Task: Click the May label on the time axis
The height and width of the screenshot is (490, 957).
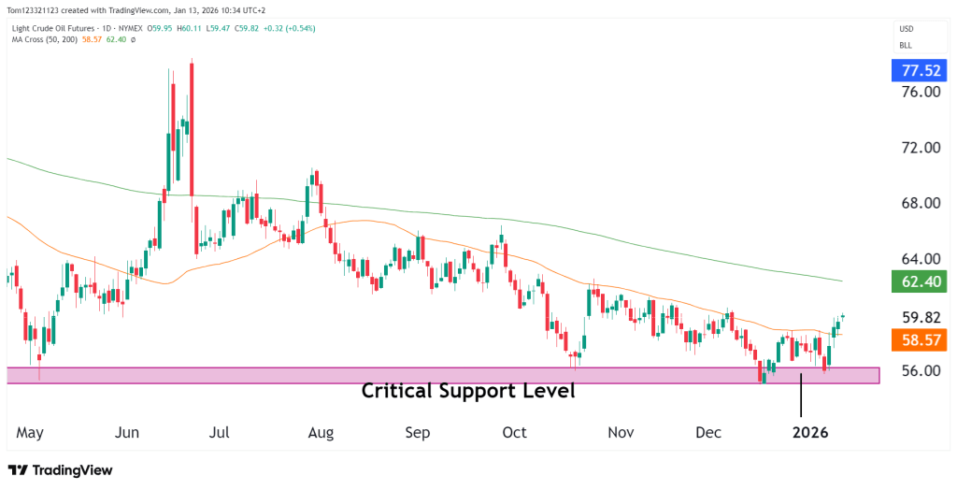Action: coord(31,433)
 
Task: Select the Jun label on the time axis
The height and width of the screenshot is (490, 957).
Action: coord(127,433)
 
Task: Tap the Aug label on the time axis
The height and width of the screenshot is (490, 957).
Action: coord(321,433)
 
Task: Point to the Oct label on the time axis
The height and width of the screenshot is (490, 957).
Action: coord(514,433)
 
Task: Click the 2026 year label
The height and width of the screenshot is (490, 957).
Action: coord(809,433)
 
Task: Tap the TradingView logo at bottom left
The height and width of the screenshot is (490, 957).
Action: coord(61,470)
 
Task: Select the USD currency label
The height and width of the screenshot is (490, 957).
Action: coord(906,28)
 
